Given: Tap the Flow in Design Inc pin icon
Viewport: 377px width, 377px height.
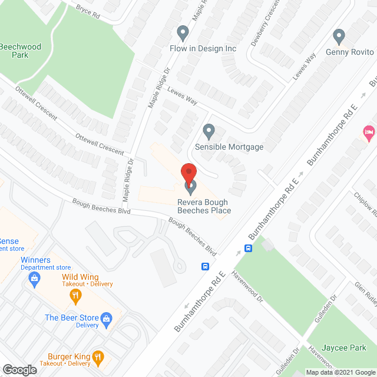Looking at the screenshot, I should click(x=183, y=33).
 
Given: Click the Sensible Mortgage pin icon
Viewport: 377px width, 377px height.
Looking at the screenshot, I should click(x=209, y=131).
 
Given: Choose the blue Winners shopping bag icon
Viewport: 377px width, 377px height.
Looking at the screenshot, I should click(x=35, y=277).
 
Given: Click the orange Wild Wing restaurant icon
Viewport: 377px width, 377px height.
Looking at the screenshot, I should click(x=75, y=294).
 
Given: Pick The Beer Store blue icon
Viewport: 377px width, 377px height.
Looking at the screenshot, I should click(x=107, y=320).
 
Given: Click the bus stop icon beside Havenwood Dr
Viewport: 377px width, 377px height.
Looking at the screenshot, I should click(x=249, y=248).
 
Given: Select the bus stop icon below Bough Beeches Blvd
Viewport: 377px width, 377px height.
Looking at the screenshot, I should click(x=205, y=266).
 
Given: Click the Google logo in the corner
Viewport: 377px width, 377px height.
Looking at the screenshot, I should click(x=19, y=369).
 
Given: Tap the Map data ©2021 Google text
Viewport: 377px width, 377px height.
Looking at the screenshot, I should click(x=339, y=372).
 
